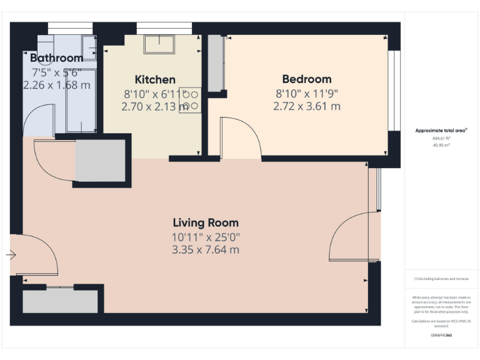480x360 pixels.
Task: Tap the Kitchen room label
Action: [x=155, y=79]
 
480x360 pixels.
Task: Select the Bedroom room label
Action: [x=306, y=79]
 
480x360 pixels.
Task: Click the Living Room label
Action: [x=206, y=223]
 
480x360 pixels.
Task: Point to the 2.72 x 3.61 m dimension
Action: [x=306, y=106]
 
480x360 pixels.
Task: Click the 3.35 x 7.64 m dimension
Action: [x=206, y=250]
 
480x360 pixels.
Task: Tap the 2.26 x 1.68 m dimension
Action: [x=56, y=85]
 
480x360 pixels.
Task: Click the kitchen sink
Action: [x=160, y=45]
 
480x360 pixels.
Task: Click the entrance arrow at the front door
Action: [x=11, y=255]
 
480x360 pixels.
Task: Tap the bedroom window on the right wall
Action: [x=394, y=91]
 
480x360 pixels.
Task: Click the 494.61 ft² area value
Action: [x=442, y=138]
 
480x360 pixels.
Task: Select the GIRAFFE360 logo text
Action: [x=441, y=336]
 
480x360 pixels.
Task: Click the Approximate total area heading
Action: [x=441, y=131]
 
